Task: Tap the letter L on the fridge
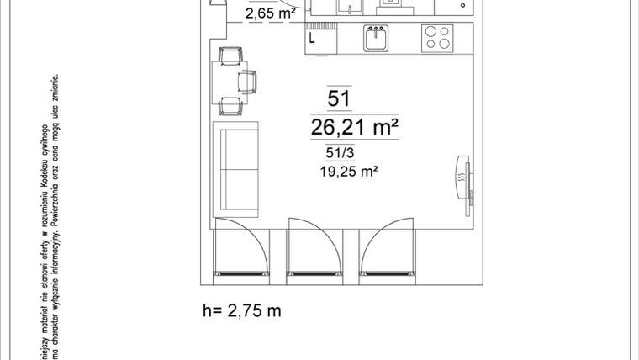click(313, 38)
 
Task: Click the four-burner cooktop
click(436, 38)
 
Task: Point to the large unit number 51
click(339, 99)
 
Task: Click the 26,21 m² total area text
click(353, 128)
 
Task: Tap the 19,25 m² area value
click(347, 170)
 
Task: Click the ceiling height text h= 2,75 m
click(241, 310)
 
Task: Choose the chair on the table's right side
click(247, 82)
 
